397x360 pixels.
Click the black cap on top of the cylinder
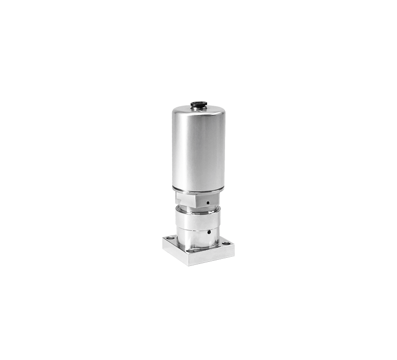197,105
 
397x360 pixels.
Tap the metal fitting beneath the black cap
197,108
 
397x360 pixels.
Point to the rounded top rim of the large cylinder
198,112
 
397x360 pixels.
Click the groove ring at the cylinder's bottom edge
197,192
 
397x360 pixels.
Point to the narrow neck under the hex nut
197,210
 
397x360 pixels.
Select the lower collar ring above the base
197,236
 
